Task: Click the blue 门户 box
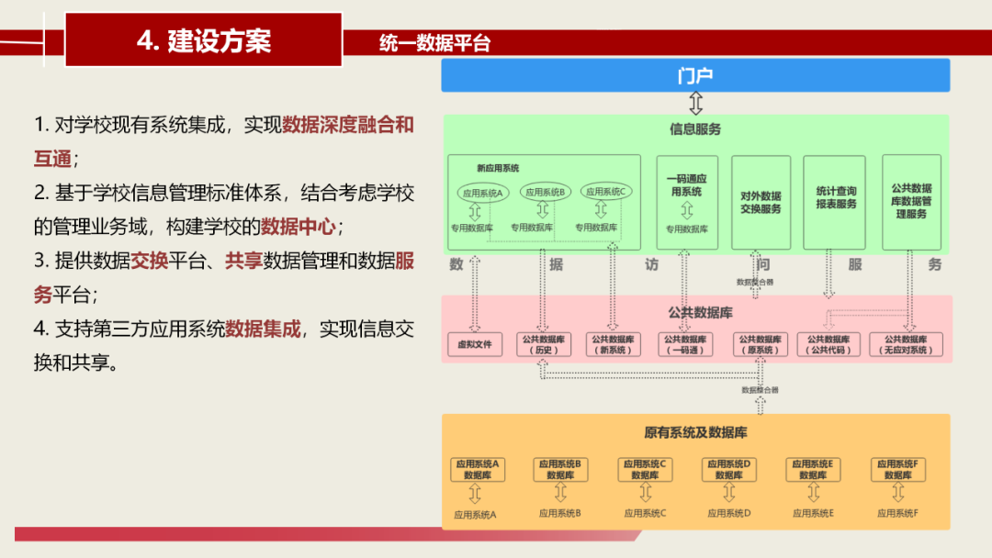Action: coord(695,75)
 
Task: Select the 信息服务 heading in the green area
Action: coord(695,129)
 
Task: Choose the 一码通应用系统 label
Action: coord(686,184)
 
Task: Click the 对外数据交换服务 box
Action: coord(761,202)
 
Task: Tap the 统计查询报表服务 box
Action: coord(835,198)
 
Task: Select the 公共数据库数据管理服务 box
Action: coord(911,201)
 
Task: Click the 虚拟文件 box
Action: coord(475,345)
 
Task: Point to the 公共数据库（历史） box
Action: coord(542,344)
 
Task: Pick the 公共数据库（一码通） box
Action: coord(685,344)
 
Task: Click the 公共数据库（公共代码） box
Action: coord(829,344)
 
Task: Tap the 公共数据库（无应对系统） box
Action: coord(906,344)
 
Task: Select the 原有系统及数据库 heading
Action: coord(695,432)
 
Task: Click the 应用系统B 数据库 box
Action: coord(560,470)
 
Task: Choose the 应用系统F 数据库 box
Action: coord(897,470)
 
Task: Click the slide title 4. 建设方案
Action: coord(204,40)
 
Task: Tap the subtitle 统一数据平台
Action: coord(434,43)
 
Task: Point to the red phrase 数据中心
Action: coord(298,226)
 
